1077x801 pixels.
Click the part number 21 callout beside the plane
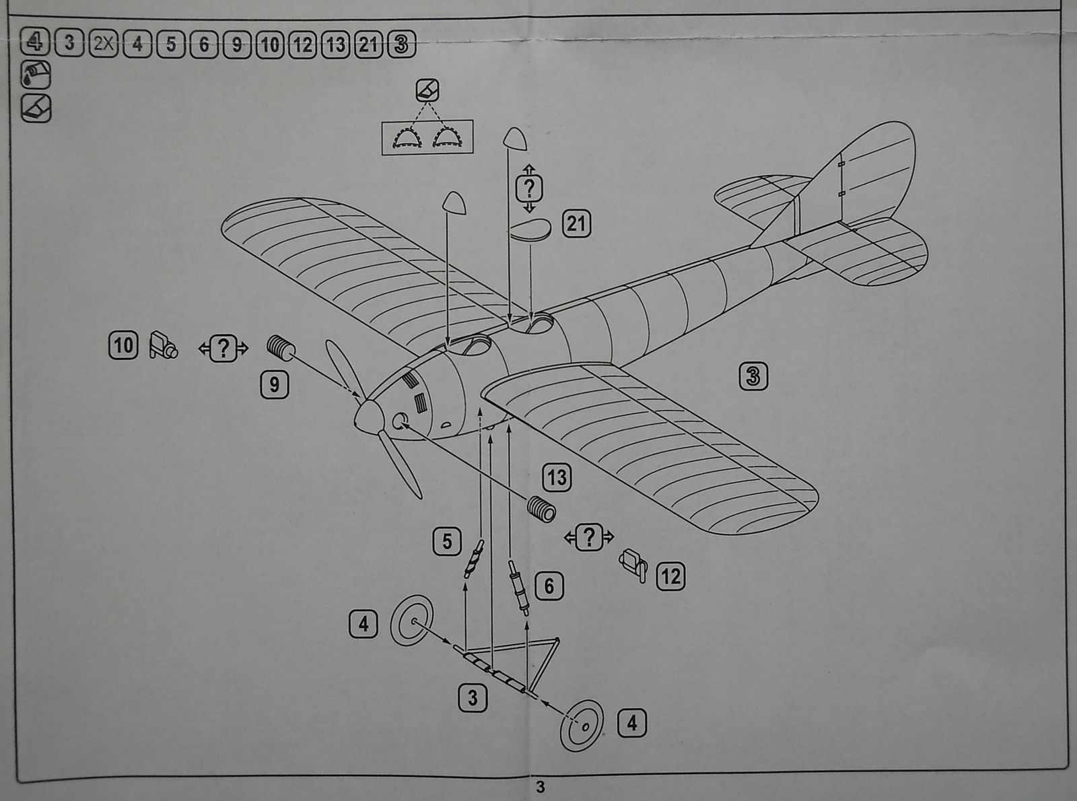pyautogui.click(x=576, y=223)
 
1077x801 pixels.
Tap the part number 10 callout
pyautogui.click(x=123, y=346)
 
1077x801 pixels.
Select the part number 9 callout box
pyautogui.click(x=274, y=385)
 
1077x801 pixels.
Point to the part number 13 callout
pyautogui.click(x=557, y=478)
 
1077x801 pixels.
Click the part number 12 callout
pyautogui.click(x=670, y=577)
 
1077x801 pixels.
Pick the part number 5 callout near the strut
pyautogui.click(x=447, y=542)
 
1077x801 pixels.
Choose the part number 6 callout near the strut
pyautogui.click(x=549, y=586)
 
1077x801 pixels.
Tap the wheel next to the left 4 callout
pyautogui.click(x=411, y=621)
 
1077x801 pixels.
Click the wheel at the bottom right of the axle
pyautogui.click(x=581, y=726)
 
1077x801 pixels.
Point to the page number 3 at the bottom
pyautogui.click(x=540, y=787)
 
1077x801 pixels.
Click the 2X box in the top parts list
pyautogui.click(x=103, y=44)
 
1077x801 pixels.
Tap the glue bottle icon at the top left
pyautogui.click(x=36, y=75)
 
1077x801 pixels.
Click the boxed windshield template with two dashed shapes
pyautogui.click(x=427, y=137)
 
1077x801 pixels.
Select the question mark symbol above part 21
pyautogui.click(x=529, y=188)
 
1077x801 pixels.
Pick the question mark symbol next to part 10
pyautogui.click(x=223, y=349)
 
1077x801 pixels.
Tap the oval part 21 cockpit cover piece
pyautogui.click(x=530, y=229)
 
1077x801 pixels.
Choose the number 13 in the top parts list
pyautogui.click(x=335, y=44)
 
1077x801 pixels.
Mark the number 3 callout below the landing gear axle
pyautogui.click(x=473, y=698)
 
